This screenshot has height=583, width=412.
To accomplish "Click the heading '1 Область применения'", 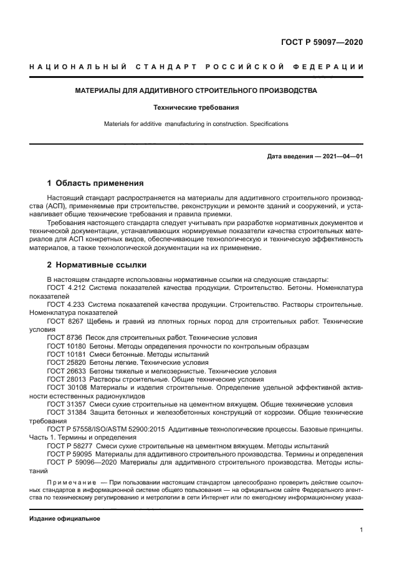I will click(95, 183).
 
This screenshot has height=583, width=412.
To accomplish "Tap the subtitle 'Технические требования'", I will click(196, 107).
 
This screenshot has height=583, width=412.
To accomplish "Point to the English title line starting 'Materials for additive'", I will click(196, 123).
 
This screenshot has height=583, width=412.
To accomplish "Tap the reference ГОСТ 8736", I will click(65, 337).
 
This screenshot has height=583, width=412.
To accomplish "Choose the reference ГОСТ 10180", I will click(67, 345).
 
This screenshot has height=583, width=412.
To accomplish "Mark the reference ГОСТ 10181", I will click(67, 354).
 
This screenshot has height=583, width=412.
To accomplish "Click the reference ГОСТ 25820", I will click(67, 362).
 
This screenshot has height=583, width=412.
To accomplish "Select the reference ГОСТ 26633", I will click(67, 370).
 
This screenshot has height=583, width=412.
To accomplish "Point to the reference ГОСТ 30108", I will click(67, 387).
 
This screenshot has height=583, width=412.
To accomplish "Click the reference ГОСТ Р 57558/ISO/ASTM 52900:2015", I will click(108, 430).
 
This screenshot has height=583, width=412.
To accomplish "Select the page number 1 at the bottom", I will click(361, 530).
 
